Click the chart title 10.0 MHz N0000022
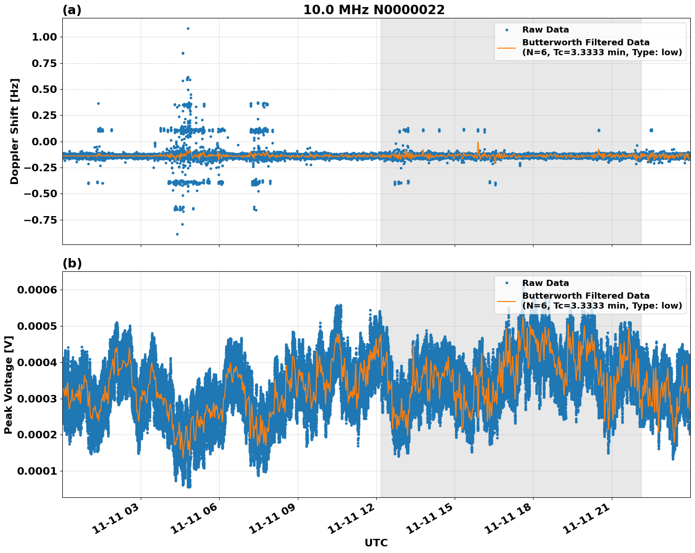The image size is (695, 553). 373,10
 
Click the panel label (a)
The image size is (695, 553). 72,10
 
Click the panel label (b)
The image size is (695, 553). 72,263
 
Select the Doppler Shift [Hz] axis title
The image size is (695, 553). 15,131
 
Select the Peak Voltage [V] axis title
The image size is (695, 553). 8,385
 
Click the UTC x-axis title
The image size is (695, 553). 376,543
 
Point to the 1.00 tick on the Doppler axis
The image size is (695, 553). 44,37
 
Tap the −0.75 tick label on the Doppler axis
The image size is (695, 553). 41,220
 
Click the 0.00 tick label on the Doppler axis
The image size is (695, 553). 44,142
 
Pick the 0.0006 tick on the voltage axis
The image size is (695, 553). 37,290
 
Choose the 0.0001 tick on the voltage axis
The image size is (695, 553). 37,471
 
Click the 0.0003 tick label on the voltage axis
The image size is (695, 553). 37,399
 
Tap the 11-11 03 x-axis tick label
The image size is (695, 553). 116,519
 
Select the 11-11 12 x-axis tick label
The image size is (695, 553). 352,519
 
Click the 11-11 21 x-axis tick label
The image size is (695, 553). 587,519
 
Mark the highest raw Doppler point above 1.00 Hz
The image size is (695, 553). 188,28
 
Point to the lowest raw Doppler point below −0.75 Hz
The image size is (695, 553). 177,234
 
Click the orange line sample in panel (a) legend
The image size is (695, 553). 506,48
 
